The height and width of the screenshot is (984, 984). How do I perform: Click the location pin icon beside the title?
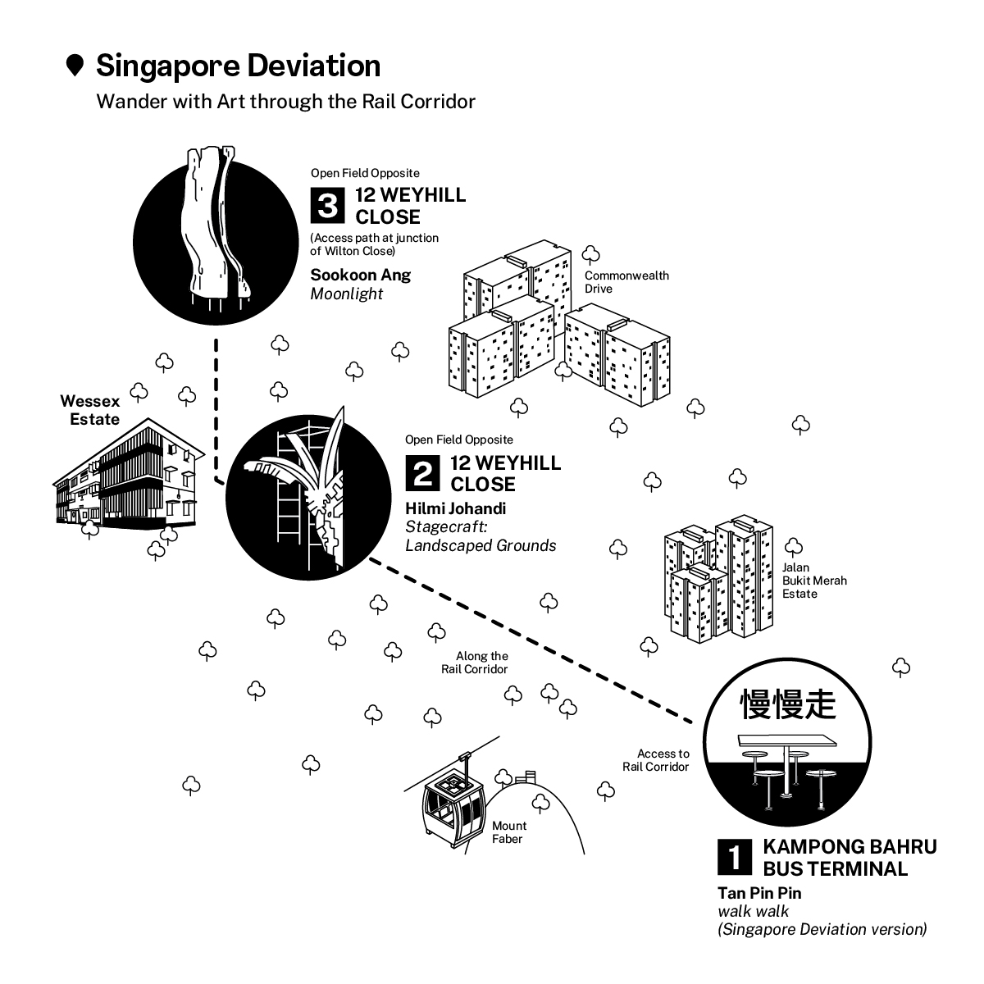pos(75,66)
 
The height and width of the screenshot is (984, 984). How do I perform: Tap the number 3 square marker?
pos(327,206)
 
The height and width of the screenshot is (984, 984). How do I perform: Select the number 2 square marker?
pos(422,473)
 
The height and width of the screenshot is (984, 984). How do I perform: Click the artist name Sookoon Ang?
pos(360,275)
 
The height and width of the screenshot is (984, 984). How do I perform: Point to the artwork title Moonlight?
pos(346,294)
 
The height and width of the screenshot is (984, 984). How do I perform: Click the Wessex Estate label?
pos(89,410)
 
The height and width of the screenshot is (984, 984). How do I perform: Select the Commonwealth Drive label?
pos(626,282)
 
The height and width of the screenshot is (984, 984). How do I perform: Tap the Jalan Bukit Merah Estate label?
pos(813,581)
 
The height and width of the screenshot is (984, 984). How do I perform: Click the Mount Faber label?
pos(508,831)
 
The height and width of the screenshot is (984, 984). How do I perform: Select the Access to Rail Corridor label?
pos(663,760)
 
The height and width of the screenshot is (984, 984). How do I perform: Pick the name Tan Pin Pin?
pos(759,893)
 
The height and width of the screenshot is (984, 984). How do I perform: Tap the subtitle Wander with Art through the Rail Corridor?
pos(285,102)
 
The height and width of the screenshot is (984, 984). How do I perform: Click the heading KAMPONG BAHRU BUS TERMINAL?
pos(849,857)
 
